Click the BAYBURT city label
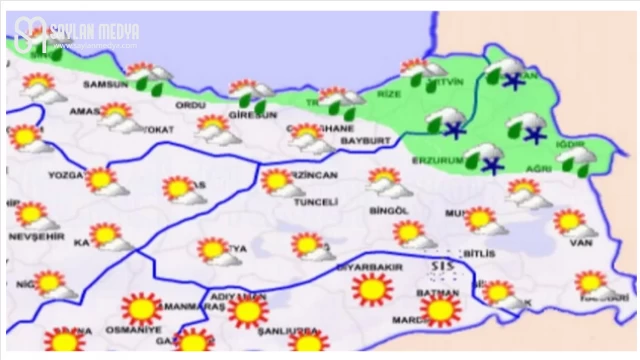(x=363, y=141)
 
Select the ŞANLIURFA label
(x=286, y=330)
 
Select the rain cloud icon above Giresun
(x=250, y=94)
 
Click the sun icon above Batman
(x=439, y=310)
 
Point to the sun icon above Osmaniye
(x=140, y=308)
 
